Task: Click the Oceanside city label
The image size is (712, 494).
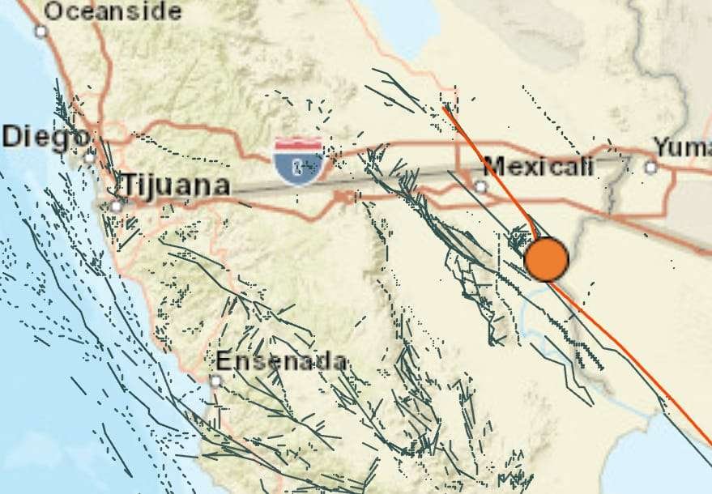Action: point(113,11)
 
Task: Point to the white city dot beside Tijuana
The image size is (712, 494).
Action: point(117,207)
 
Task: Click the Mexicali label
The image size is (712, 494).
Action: point(538,167)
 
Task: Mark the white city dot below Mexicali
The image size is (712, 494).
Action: point(481,186)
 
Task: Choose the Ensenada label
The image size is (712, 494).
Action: point(281,361)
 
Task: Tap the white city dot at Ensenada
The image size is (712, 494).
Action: point(216,380)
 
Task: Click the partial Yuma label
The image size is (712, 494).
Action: point(683,148)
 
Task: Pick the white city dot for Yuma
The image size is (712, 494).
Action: point(650,168)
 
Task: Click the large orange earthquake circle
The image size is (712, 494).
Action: point(547,259)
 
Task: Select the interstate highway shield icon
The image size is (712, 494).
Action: point(299,160)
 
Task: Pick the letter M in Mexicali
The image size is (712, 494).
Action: point(492,167)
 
